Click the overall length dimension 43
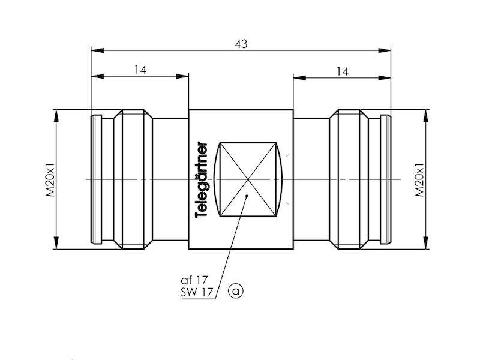click(241, 44)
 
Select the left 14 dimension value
click(140, 70)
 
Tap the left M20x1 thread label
click(51, 179)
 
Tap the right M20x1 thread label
click(420, 179)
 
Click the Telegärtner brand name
click(203, 179)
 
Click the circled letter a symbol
click(236, 292)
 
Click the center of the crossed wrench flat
click(248, 179)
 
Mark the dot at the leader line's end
click(247, 196)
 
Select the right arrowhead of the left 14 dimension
click(185, 77)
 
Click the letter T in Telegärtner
click(203, 214)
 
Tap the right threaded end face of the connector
click(389, 179)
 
